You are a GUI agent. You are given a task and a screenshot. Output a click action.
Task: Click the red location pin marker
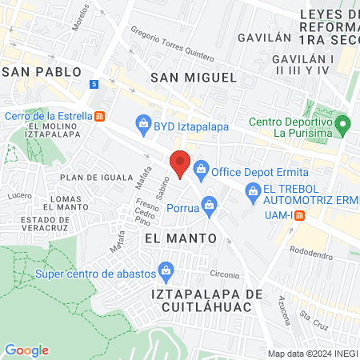[x=181, y=163]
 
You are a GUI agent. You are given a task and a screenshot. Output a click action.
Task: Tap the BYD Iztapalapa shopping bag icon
[x=143, y=123]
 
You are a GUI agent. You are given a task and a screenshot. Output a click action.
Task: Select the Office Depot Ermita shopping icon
[x=200, y=169]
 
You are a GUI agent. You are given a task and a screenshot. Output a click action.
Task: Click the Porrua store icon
[x=209, y=204]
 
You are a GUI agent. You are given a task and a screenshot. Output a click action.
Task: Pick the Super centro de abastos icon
[x=166, y=270]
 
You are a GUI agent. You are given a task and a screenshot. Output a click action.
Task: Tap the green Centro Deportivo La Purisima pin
[x=343, y=124]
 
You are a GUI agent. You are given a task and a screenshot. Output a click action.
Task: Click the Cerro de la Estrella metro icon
[x=100, y=115]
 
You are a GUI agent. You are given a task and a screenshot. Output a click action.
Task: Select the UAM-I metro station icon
[x=298, y=214]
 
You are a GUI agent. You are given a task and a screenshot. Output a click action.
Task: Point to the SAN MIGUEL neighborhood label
[x=194, y=78]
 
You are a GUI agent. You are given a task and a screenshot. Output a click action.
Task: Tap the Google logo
[x=27, y=350]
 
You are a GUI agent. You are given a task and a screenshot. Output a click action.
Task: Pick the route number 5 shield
[x=94, y=84]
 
